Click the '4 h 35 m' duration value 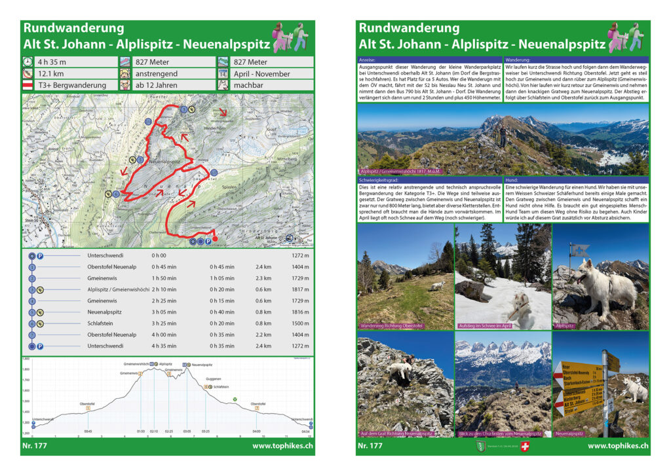[x=53, y=62]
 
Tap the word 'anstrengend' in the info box [x=156, y=74]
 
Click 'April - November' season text [x=261, y=74]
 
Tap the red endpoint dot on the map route [x=215, y=239]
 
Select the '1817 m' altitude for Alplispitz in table [x=299, y=289]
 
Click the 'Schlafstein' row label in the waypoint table [x=102, y=323]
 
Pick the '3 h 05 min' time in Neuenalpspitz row [x=163, y=312]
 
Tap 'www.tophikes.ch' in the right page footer [x=618, y=447]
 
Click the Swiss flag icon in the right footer [x=524, y=447]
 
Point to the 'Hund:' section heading [x=512, y=179]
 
